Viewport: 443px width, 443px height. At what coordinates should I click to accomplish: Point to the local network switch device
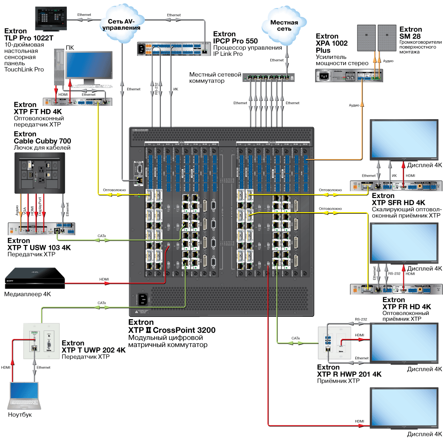(268, 78)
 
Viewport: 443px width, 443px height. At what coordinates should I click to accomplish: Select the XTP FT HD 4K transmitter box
(78, 101)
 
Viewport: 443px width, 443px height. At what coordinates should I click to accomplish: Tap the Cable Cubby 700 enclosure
(40, 173)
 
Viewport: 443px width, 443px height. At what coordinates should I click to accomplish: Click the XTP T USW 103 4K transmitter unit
(41, 229)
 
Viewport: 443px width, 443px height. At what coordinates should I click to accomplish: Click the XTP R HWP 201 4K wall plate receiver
(334, 342)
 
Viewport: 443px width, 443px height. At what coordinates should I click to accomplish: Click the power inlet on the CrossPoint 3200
(142, 300)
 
